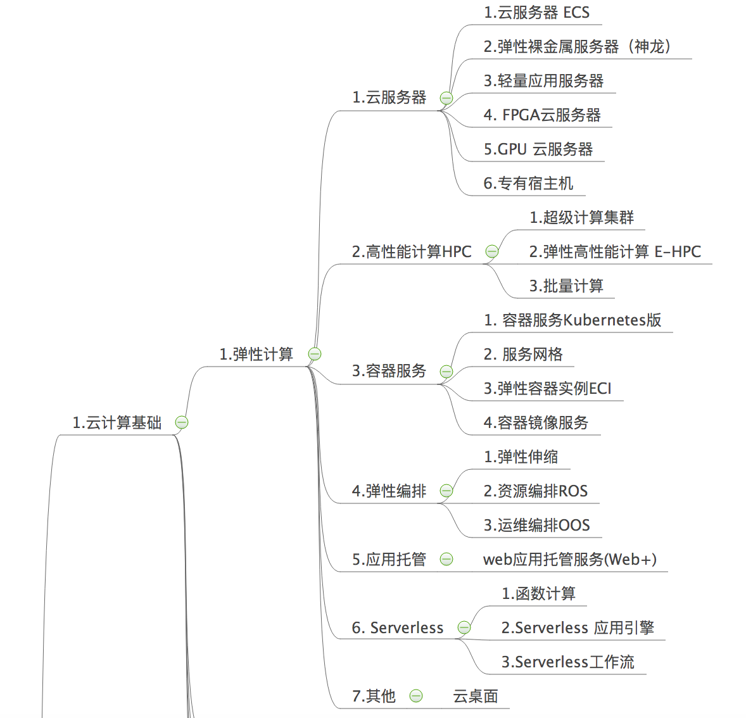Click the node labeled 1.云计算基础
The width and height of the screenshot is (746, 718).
tap(117, 422)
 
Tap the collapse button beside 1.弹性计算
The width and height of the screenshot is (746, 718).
tap(315, 354)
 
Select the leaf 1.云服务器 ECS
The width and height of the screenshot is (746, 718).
tap(536, 13)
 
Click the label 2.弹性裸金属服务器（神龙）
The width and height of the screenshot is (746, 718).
tap(577, 47)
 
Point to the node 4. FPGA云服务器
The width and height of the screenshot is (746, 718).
tap(542, 115)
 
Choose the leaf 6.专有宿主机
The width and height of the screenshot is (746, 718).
tap(528, 183)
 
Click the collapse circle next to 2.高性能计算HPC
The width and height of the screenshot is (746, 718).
tap(492, 251)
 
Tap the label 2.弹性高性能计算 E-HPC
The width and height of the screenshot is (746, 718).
tap(615, 252)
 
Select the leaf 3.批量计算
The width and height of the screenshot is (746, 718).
tap(566, 286)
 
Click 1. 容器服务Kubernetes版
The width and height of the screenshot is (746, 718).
tap(572, 320)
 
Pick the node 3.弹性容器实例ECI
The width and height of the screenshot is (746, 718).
tap(548, 388)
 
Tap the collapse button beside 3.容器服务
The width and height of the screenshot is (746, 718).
tap(446, 372)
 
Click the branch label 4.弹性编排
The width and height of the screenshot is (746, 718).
tap(389, 491)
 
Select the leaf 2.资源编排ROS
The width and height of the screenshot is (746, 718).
tap(536, 491)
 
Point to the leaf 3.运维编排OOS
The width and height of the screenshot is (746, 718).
tap(536, 526)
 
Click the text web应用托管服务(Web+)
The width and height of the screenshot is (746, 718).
tap(570, 560)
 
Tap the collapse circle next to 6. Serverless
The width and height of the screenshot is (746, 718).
tap(464, 627)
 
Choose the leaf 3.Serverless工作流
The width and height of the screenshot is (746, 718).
tap(567, 662)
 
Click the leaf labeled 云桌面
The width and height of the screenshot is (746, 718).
tap(476, 696)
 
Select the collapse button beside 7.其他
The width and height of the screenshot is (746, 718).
tap(416, 696)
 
